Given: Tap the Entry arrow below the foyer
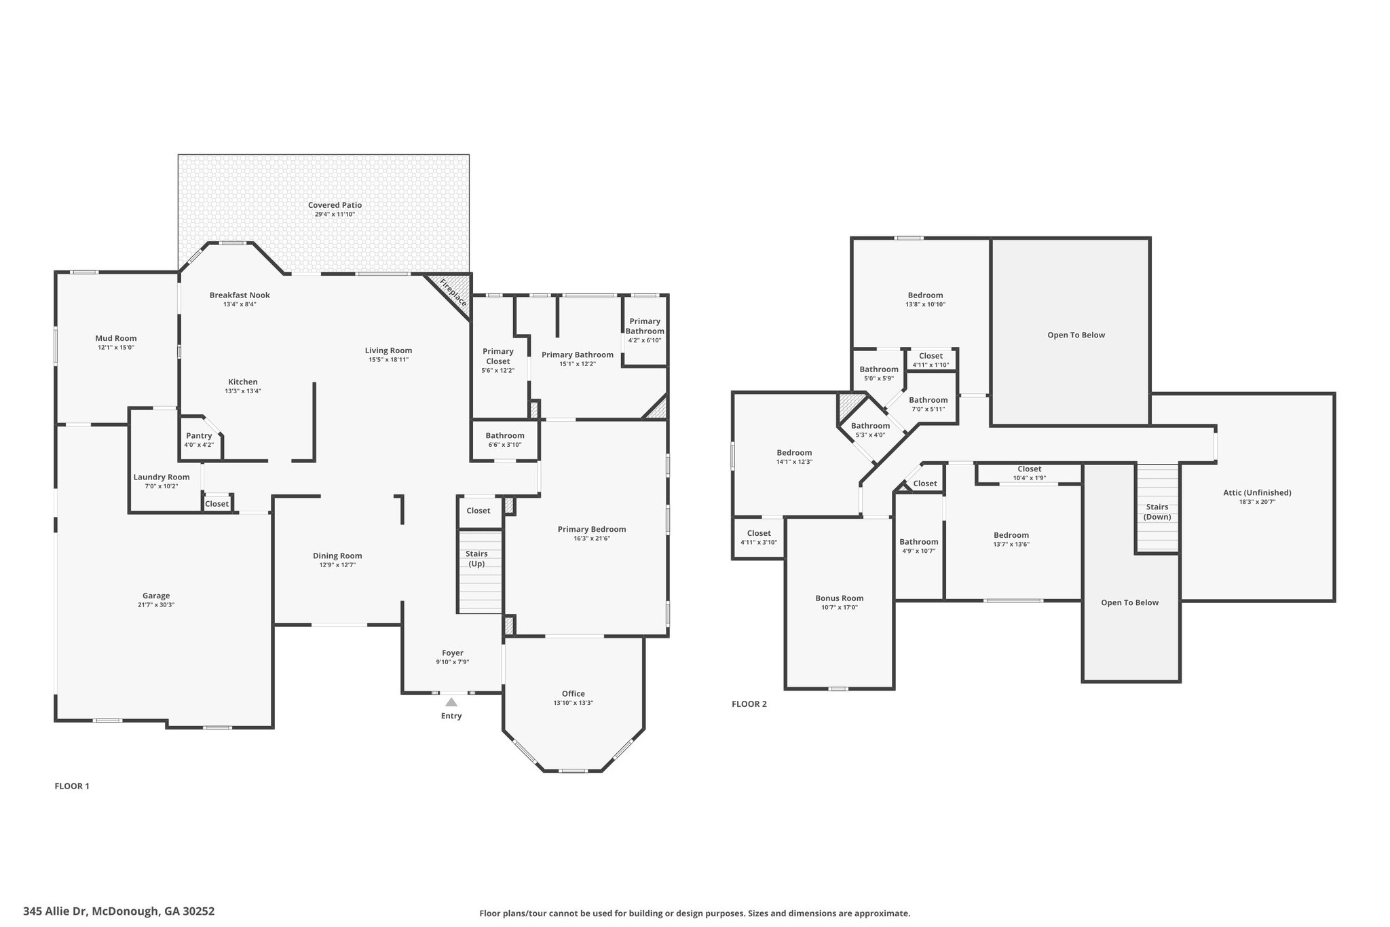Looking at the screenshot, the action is pos(451,702).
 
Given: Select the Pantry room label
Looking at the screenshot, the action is pos(199,436).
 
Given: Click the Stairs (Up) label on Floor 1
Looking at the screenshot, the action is pos(476,559).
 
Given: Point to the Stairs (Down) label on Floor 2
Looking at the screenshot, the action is pos(1157,512).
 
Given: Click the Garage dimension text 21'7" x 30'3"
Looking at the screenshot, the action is pos(155,605).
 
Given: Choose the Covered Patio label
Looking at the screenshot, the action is pos(335,205).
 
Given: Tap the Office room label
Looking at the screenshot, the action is pos(574,693).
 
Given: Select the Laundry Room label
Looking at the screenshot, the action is pos(162,477).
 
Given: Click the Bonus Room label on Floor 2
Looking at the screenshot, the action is pos(840,598).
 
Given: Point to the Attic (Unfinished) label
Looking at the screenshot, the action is pos(1257,493).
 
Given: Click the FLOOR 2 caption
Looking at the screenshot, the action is pos(749,704).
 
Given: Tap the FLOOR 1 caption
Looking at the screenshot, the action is pos(72,786).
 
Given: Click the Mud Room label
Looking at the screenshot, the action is pos(115,338).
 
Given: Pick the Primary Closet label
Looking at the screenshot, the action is pos(498,356).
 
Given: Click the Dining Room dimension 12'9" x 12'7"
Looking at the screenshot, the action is pos(337,565).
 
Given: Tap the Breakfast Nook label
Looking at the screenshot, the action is pos(240,295).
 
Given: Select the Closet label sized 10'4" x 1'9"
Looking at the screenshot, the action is pos(1030,469).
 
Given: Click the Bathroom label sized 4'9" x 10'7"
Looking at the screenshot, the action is pos(919,542).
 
